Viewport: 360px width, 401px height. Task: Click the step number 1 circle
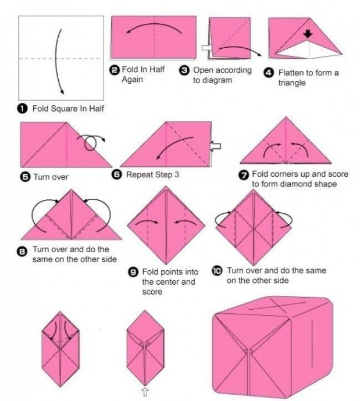tap(22, 109)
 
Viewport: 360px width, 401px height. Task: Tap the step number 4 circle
tap(269, 73)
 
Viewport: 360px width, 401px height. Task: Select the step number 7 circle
tap(243, 175)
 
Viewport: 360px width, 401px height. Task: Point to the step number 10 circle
tap(217, 271)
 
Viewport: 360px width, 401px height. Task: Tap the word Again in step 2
tap(132, 80)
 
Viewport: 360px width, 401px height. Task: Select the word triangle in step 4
tap(292, 83)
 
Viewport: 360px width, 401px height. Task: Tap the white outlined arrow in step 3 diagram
tap(206, 48)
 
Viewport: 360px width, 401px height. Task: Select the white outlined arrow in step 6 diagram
tap(215, 146)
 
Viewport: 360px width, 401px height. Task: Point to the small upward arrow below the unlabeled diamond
tap(145, 392)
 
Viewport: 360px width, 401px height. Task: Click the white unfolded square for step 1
tap(61, 58)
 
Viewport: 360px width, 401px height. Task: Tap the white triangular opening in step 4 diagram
tap(308, 49)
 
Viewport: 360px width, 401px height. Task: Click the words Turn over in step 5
tap(51, 177)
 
